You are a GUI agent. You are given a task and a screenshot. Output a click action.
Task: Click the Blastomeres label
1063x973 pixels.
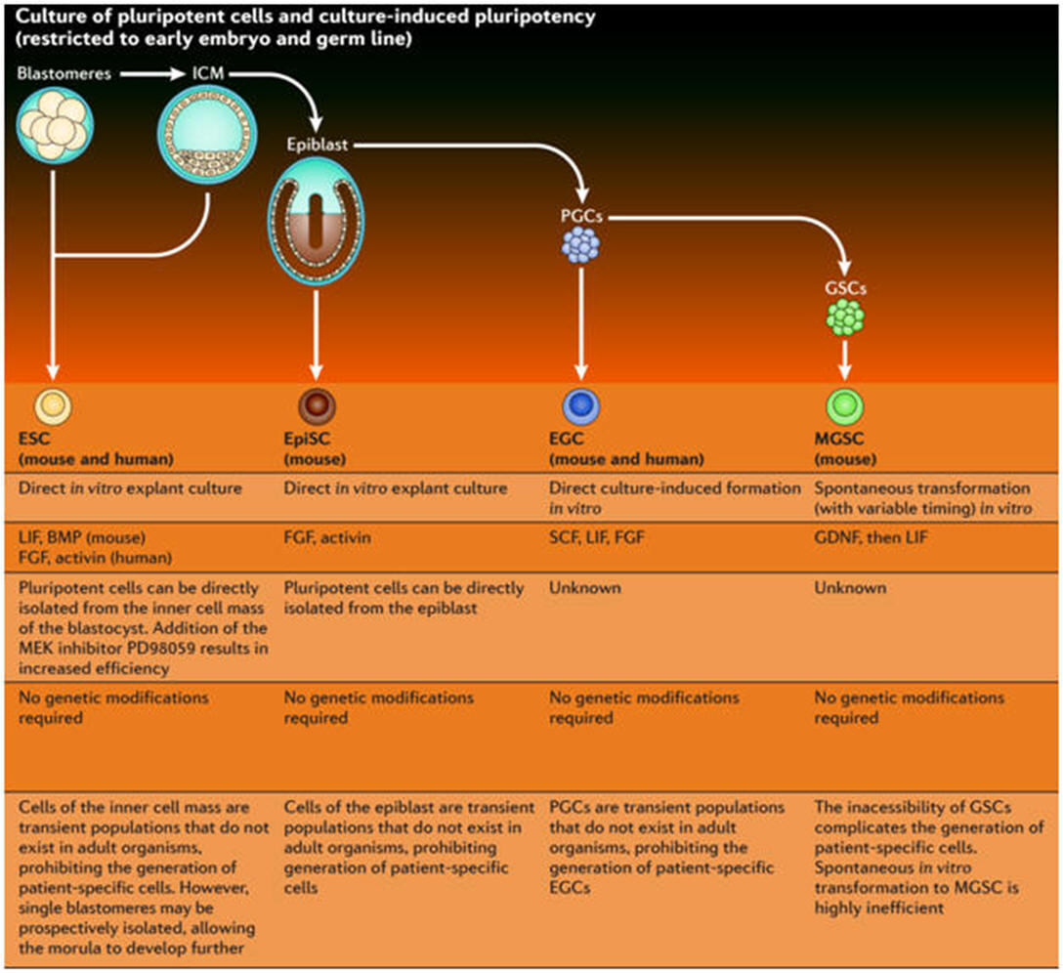click(57, 72)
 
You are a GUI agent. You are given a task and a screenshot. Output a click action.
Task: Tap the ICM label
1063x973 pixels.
click(206, 72)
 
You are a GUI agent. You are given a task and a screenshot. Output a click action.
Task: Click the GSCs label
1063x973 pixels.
click(845, 288)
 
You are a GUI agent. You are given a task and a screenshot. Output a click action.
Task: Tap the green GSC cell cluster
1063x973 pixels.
click(845, 318)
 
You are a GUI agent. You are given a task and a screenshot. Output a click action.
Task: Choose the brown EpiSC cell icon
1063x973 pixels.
click(316, 405)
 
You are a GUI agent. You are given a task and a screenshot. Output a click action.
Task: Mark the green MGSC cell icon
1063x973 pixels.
click(845, 405)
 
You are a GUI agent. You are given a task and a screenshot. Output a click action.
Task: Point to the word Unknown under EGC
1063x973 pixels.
click(585, 588)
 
